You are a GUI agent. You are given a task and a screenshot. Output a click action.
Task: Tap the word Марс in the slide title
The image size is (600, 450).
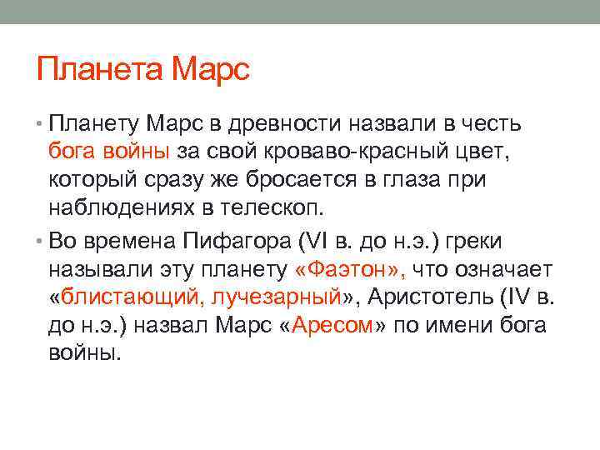209,68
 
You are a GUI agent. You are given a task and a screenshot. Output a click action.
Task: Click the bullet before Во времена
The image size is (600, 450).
41,241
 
